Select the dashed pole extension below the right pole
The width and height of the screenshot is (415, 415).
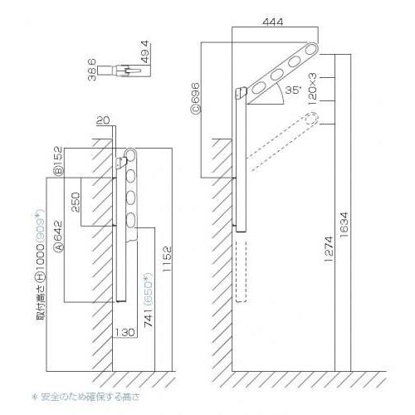242,270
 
